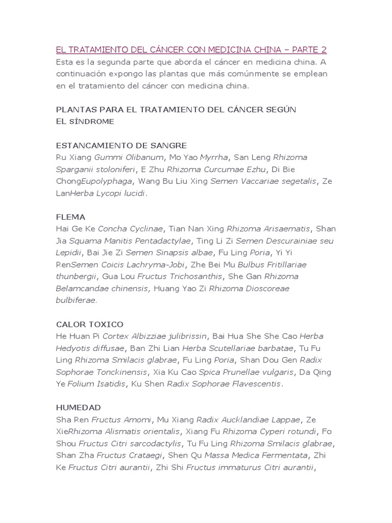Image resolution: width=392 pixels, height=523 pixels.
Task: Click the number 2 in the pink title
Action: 323,50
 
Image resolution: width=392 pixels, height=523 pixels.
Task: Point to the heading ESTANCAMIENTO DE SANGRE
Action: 121,146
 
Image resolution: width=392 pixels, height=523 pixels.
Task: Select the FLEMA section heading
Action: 70,217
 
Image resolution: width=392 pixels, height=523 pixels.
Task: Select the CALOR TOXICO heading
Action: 89,324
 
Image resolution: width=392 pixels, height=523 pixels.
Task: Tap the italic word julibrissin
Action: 184,336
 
